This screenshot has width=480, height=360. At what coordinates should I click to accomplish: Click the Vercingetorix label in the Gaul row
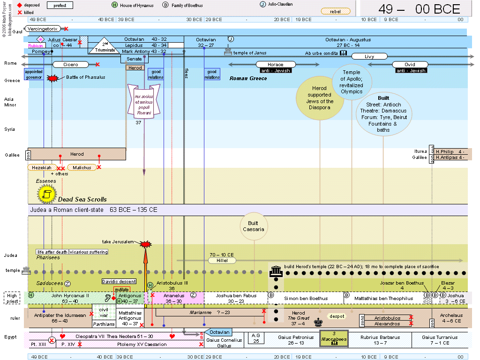(42, 29)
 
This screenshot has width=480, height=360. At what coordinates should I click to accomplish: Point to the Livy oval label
(369, 56)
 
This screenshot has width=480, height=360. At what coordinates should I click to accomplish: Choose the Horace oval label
(275, 65)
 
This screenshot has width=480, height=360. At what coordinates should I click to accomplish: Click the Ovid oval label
(410, 65)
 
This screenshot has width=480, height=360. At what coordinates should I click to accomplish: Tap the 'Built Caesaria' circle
(254, 226)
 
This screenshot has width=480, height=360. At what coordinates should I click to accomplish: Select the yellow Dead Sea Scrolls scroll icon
(46, 193)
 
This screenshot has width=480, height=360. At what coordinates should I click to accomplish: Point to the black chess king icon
(319, 322)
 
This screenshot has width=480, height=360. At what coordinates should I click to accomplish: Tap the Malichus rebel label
(82, 167)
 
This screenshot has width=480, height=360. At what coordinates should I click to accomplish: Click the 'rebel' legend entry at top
(335, 11)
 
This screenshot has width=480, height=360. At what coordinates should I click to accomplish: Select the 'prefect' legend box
(60, 5)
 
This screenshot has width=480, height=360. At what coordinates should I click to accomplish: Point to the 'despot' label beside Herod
(336, 316)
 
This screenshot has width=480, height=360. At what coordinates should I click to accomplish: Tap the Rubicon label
(35, 46)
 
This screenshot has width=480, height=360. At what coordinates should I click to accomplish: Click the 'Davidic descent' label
(119, 281)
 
